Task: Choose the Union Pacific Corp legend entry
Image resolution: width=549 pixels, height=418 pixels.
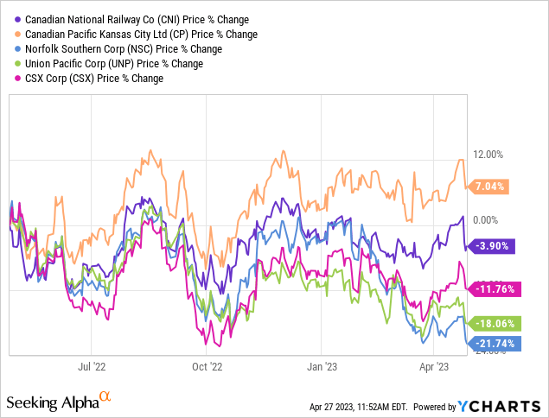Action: tap(109, 64)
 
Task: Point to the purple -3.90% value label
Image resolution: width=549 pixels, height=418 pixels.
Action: tap(491, 246)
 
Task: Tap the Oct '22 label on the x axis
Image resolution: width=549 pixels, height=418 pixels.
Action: tap(207, 366)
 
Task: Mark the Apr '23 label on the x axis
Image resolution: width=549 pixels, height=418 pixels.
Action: tap(433, 366)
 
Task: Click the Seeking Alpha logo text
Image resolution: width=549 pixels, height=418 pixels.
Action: tap(59, 402)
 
